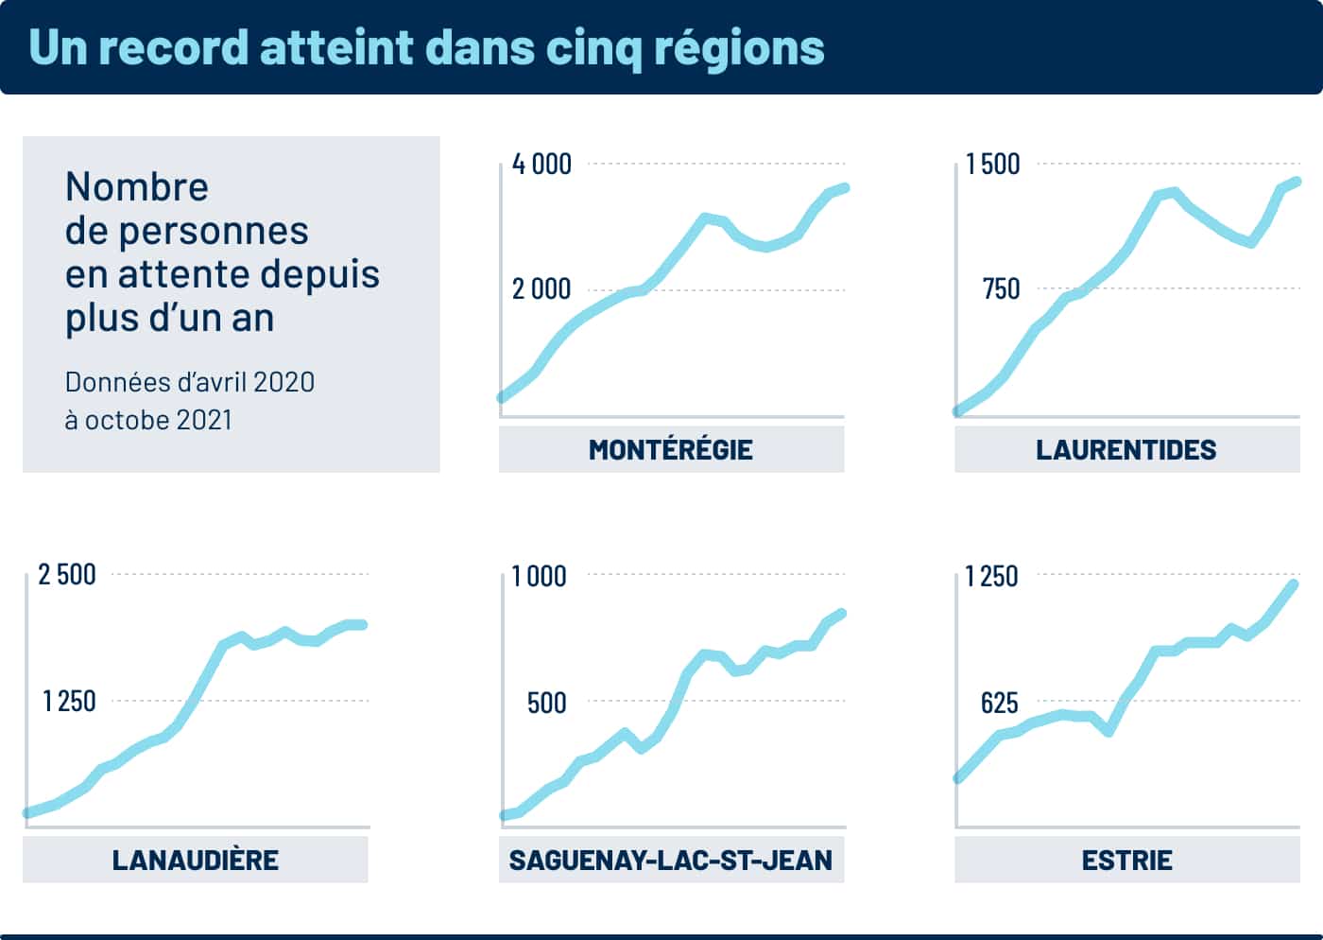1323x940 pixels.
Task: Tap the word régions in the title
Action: point(738,47)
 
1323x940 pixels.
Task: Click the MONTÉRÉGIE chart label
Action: point(671,449)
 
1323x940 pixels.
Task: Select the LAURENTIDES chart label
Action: point(1126,449)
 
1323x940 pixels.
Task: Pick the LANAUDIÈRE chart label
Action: point(196,860)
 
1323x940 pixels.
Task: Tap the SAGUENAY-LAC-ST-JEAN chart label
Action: point(671,860)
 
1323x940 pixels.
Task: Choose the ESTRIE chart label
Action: point(1126,860)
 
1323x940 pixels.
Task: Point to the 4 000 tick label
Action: point(541,165)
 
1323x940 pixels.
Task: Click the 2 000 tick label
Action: point(541,289)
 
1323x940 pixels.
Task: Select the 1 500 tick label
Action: point(992,165)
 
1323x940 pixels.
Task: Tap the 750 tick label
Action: point(1001,289)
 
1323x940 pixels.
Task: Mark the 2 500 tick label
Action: point(67,575)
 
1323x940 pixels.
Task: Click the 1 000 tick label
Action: point(539,576)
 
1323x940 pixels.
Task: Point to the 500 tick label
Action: point(547,703)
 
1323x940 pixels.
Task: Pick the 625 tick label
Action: point(999,703)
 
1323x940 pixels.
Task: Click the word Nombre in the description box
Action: point(137,187)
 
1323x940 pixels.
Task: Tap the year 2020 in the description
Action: point(283,382)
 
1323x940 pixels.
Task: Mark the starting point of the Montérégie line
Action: point(502,398)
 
